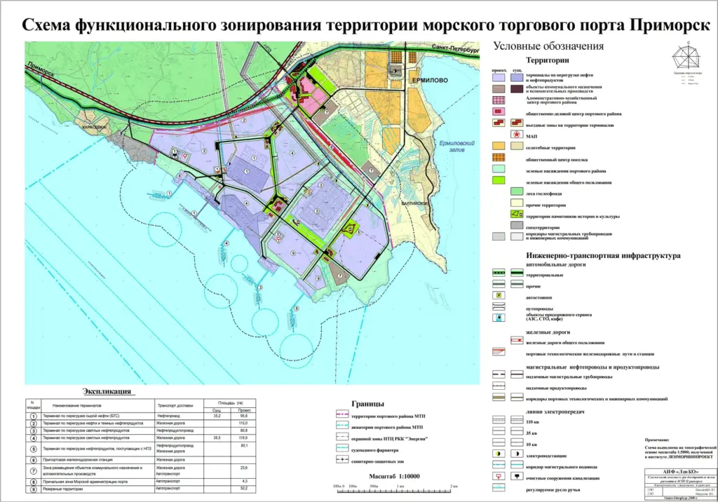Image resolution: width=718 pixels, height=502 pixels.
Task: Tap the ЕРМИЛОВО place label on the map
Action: click(427, 81)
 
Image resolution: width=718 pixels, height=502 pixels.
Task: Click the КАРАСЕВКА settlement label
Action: click(94, 128)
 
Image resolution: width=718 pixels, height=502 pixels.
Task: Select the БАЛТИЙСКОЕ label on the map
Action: click(412, 203)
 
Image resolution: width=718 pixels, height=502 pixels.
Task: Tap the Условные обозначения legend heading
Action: click(548, 46)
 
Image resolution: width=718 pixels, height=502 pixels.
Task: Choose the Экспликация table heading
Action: click(105, 391)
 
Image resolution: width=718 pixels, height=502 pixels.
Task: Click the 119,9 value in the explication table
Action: click(244, 437)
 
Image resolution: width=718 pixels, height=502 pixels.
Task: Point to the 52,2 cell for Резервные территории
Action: click(244, 489)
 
